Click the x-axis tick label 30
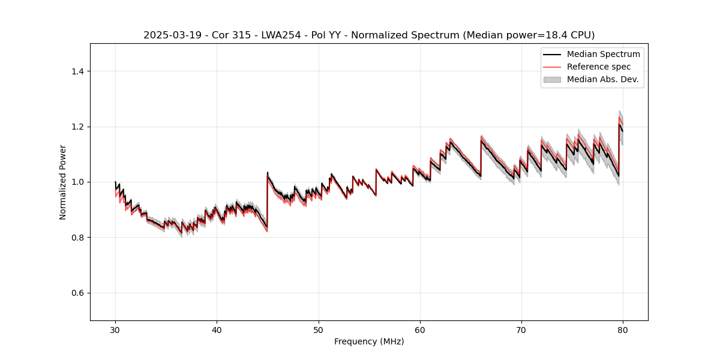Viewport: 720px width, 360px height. pyautogui.click(x=115, y=329)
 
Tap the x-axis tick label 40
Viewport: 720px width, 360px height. pyautogui.click(x=217, y=329)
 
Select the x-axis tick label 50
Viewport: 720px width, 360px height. pyautogui.click(x=319, y=329)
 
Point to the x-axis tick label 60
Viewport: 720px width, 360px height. pyautogui.click(x=420, y=329)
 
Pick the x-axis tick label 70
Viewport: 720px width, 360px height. pyautogui.click(x=521, y=329)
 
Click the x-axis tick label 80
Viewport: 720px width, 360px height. pyautogui.click(x=623, y=329)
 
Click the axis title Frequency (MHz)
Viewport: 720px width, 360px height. pyautogui.click(x=369, y=341)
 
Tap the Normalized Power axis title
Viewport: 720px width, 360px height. pyautogui.click(x=62, y=182)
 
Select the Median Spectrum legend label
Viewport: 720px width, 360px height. pyautogui.click(x=603, y=55)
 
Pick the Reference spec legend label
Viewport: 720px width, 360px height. pyautogui.click(x=599, y=67)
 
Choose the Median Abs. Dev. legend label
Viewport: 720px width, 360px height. pyautogui.click(x=602, y=79)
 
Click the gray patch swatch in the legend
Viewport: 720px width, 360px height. pyautogui.click(x=552, y=79)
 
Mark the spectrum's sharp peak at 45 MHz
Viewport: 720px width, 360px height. pyautogui.click(x=268, y=173)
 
